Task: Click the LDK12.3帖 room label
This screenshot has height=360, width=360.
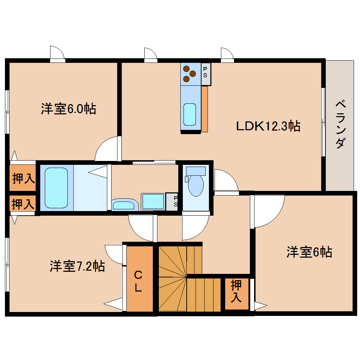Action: click(268, 126)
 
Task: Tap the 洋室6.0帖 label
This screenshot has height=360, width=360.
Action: click(68, 109)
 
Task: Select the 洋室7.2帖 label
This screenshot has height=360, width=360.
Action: click(77, 266)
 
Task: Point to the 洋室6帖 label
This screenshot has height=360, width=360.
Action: click(309, 252)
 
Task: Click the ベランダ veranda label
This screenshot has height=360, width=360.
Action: click(341, 124)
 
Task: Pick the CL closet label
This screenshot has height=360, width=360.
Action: click(138, 281)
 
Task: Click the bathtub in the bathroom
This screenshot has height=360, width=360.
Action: click(56, 188)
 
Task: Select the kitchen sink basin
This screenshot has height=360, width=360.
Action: click(190, 114)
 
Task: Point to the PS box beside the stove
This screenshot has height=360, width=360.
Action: click(206, 74)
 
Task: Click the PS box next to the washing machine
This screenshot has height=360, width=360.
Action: click(172, 202)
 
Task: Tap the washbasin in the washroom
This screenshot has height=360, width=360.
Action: click(125, 204)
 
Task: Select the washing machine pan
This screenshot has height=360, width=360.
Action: click(153, 202)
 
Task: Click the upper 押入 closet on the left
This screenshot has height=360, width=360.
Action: click(23, 178)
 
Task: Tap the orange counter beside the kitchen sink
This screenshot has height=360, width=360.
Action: click(204, 109)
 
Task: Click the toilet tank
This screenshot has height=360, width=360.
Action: click(196, 171)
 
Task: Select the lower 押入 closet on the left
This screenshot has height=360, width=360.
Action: click(23, 203)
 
